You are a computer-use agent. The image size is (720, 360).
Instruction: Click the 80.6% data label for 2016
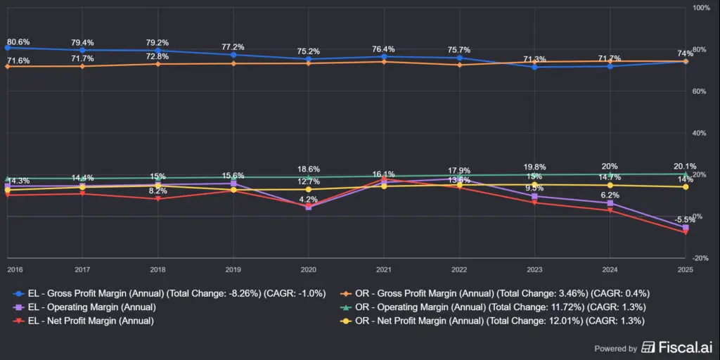18,42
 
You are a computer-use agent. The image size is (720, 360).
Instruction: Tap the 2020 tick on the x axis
308,269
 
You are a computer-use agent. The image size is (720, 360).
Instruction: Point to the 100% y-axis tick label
702,8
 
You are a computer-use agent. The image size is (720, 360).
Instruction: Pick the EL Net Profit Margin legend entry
94,321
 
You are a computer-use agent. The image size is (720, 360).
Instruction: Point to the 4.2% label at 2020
308,200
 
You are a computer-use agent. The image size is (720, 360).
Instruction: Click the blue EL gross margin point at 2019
233,55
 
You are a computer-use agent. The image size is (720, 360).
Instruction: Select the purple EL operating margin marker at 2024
610,203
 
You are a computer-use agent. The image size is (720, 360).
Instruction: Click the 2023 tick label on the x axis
534,269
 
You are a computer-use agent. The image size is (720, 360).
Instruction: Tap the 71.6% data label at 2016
18,61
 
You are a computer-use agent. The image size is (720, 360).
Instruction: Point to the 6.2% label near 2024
610,195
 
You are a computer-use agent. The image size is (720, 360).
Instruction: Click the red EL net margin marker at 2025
686,232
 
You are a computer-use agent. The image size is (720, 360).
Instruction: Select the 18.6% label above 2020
309,169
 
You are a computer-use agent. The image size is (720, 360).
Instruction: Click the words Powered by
616,348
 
